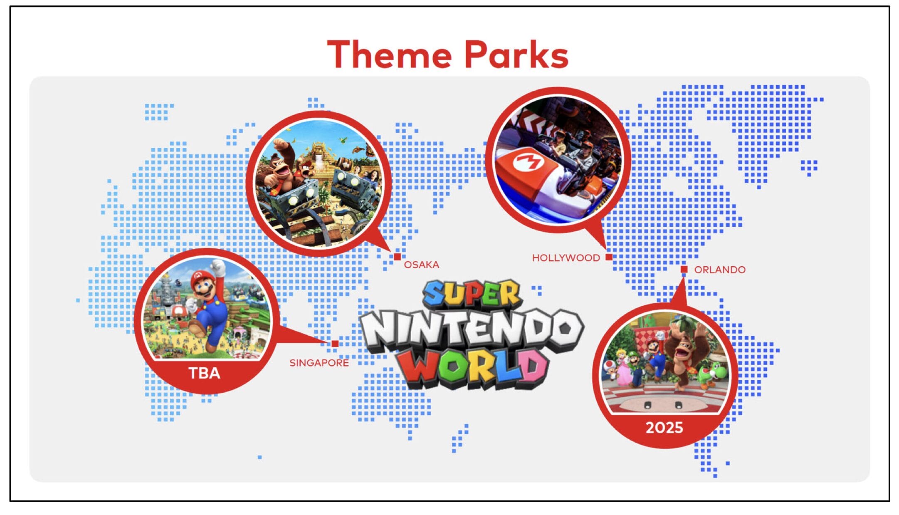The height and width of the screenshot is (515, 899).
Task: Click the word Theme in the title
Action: click(x=390, y=54)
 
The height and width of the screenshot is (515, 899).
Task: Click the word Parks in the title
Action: click(x=516, y=54)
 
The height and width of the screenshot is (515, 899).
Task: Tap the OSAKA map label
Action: click(x=422, y=265)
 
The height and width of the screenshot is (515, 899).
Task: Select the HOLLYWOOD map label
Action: click(x=566, y=258)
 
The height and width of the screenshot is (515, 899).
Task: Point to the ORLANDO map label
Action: click(x=720, y=270)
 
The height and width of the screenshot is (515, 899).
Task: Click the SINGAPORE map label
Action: click(x=319, y=363)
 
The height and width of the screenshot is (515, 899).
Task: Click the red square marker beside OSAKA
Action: click(x=397, y=257)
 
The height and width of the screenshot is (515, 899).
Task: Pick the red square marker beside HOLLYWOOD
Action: click(x=609, y=257)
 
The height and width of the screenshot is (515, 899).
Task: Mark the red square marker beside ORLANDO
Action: click(x=684, y=270)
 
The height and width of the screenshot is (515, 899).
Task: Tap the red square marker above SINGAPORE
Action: click(x=335, y=344)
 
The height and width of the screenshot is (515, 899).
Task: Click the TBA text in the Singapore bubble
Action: click(x=204, y=373)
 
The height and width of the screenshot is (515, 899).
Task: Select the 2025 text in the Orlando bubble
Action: click(x=664, y=428)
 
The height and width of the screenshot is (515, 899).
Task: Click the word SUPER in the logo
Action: click(x=472, y=293)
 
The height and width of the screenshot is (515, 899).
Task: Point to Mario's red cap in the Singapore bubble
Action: click(x=203, y=277)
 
